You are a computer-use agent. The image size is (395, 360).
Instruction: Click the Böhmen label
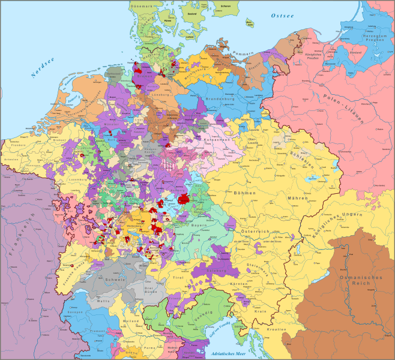point(246,193)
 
